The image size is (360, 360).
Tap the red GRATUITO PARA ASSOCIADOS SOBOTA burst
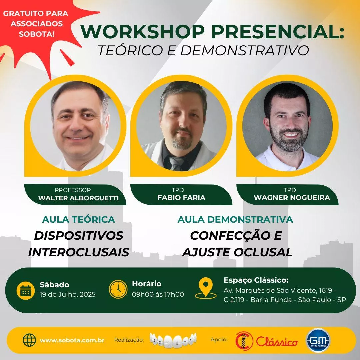click(x=36, y=25)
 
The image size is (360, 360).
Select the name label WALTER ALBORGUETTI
click(x=78, y=198)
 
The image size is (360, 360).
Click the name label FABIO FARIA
click(x=181, y=197)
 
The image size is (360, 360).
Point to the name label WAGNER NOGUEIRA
click(x=292, y=197)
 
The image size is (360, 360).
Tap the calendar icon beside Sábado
click(x=26, y=290)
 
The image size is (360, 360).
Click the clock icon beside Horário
click(x=118, y=289)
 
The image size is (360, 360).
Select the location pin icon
click(x=206, y=288)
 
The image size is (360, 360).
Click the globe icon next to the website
click(x=30, y=340)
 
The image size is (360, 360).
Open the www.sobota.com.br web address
click(x=72, y=340)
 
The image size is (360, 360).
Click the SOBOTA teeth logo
click(x=173, y=340)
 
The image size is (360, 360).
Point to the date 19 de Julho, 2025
click(x=68, y=294)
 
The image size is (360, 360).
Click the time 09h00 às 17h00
click(x=158, y=294)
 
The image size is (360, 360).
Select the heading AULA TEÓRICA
click(x=79, y=219)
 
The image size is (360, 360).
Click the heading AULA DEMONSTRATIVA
click(x=235, y=219)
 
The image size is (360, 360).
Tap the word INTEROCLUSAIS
click(x=79, y=252)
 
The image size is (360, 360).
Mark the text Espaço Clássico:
click(x=256, y=281)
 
